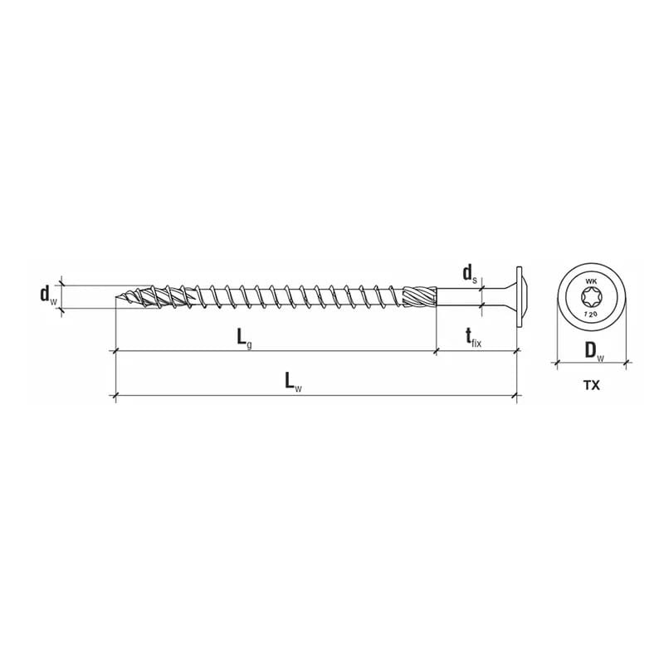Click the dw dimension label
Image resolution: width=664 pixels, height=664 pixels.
click(48, 295)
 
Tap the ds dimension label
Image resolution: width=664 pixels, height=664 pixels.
click(470, 275)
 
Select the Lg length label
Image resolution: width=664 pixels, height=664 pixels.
click(244, 339)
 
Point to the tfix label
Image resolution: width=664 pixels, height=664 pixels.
click(473, 339)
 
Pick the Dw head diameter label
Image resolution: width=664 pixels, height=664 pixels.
click(594, 351)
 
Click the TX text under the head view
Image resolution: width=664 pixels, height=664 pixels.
click(592, 385)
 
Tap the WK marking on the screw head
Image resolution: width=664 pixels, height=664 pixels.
click(591, 281)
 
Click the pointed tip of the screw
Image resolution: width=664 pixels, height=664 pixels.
click(116, 297)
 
